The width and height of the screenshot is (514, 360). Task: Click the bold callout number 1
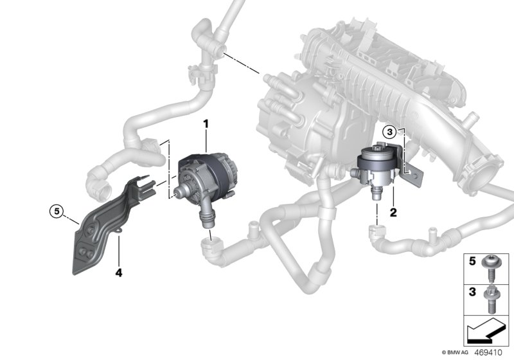click(x=206, y=122)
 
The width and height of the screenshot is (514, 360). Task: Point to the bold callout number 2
click(x=393, y=210)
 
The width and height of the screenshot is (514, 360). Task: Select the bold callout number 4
click(x=118, y=273)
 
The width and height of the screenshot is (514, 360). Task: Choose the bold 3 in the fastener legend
click(x=471, y=292)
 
